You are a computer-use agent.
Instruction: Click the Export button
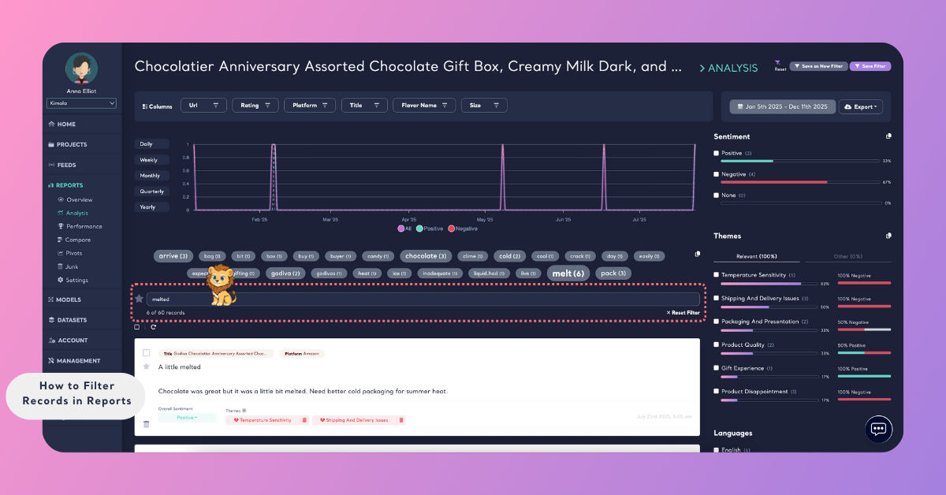click(x=861, y=106)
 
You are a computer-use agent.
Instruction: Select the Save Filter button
click(x=870, y=66)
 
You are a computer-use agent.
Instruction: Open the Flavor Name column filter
click(x=424, y=105)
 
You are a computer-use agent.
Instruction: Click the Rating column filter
click(x=255, y=105)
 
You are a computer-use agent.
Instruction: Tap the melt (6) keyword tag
click(x=568, y=274)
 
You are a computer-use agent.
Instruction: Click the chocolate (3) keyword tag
click(x=426, y=256)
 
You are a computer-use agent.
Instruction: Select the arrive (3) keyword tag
click(x=173, y=256)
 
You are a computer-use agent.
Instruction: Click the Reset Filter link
click(x=683, y=313)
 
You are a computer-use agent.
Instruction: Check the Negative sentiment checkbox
click(x=717, y=174)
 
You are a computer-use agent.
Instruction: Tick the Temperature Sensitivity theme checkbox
click(x=717, y=275)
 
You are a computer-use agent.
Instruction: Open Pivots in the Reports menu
click(x=74, y=253)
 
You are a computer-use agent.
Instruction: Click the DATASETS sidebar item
click(x=72, y=320)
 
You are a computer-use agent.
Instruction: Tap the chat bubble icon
click(x=878, y=429)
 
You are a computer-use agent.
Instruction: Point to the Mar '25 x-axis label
click(x=330, y=220)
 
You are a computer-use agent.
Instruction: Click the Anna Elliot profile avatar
click(x=82, y=69)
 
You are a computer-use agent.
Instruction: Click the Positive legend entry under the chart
click(x=430, y=229)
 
